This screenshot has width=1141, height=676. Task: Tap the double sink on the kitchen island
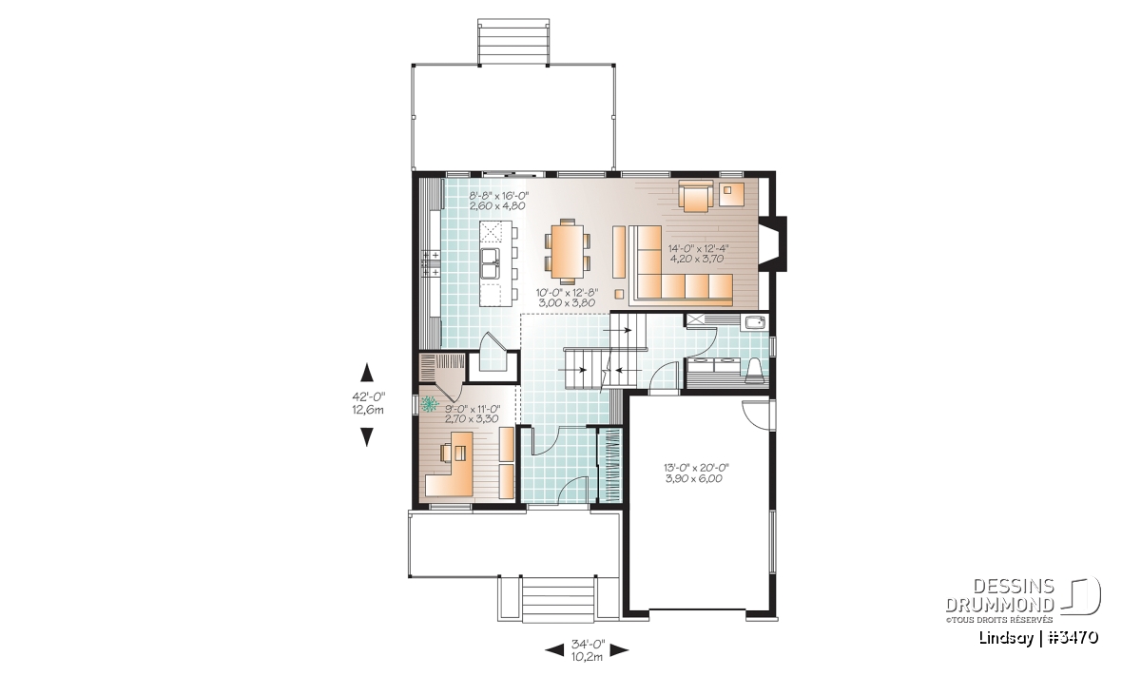pyautogui.click(x=134, y=264)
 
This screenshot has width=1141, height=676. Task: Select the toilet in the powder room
pyautogui.click(x=754, y=370)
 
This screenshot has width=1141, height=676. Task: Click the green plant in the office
pyautogui.click(x=431, y=403)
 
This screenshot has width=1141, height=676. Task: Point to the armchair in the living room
pyautogui.click(x=695, y=197)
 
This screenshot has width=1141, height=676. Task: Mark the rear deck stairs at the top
pyautogui.click(x=513, y=42)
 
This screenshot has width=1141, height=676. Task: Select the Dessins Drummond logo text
pyautogui.click(x=1000, y=596)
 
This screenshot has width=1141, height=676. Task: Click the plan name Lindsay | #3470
pyautogui.click(x=1039, y=638)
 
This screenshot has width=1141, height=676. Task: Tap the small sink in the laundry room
pyautogui.click(x=755, y=322)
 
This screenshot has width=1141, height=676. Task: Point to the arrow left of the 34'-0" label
pyautogui.click(x=554, y=649)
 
